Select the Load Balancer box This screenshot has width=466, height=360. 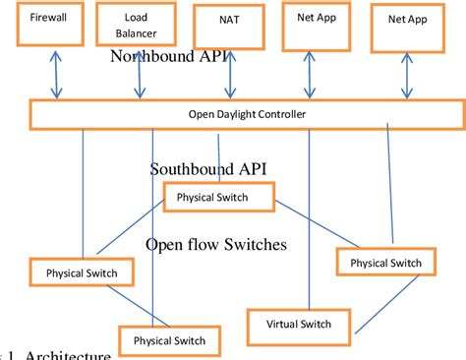pos(139,25)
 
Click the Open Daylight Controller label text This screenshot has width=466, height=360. pos(247,114)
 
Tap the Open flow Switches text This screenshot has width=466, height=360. pos(215,244)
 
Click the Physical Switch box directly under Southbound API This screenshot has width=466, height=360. pos(219,198)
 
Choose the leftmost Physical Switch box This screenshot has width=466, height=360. pos(75,272)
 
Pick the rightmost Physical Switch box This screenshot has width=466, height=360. pos(385,263)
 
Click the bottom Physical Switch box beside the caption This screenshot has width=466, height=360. pos(163,340)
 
